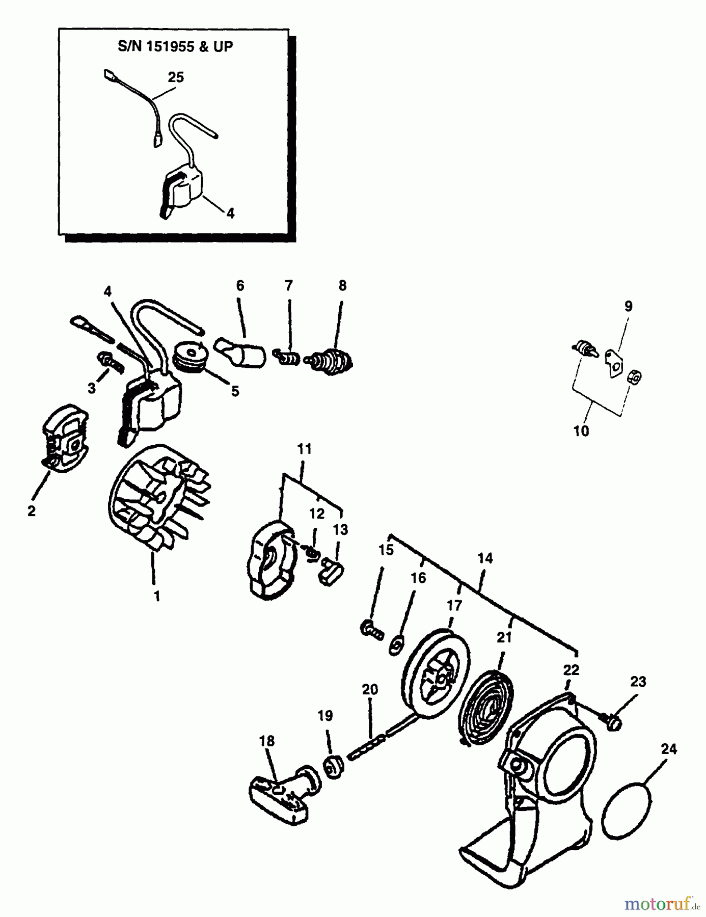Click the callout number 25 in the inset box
(x=176, y=77)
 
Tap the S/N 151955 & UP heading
(x=175, y=46)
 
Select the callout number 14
(x=485, y=558)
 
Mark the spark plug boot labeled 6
(x=243, y=352)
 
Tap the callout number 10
(x=581, y=431)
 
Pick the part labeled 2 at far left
(x=65, y=440)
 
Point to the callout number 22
(x=571, y=670)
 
